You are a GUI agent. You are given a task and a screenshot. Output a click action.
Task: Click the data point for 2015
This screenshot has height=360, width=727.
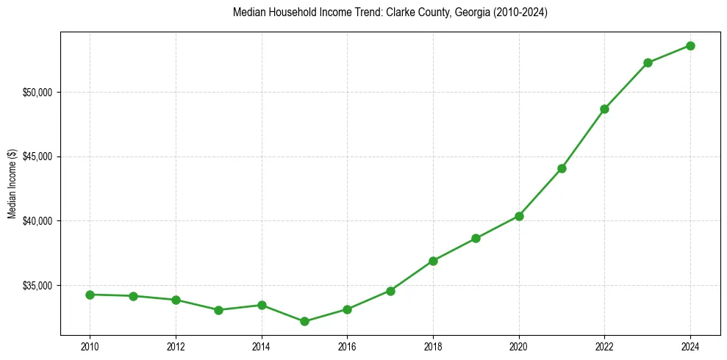tap(304, 321)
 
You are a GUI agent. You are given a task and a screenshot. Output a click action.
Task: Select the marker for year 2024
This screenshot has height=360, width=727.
tap(690, 46)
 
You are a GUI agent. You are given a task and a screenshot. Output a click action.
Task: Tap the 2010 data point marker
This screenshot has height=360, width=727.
tap(90, 295)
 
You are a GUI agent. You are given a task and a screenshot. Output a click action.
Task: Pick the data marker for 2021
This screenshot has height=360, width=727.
tap(562, 168)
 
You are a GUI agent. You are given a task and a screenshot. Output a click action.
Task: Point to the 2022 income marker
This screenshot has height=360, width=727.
tap(604, 109)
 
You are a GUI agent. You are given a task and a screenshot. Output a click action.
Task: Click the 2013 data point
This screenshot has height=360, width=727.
tap(218, 310)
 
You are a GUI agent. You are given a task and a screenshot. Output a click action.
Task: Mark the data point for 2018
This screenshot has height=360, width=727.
tap(433, 261)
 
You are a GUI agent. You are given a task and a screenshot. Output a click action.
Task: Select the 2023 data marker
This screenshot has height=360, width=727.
tap(648, 62)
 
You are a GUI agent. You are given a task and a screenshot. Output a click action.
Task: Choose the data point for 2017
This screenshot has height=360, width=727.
tap(390, 291)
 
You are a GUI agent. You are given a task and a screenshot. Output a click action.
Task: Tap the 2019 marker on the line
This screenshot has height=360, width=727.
tap(476, 238)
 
